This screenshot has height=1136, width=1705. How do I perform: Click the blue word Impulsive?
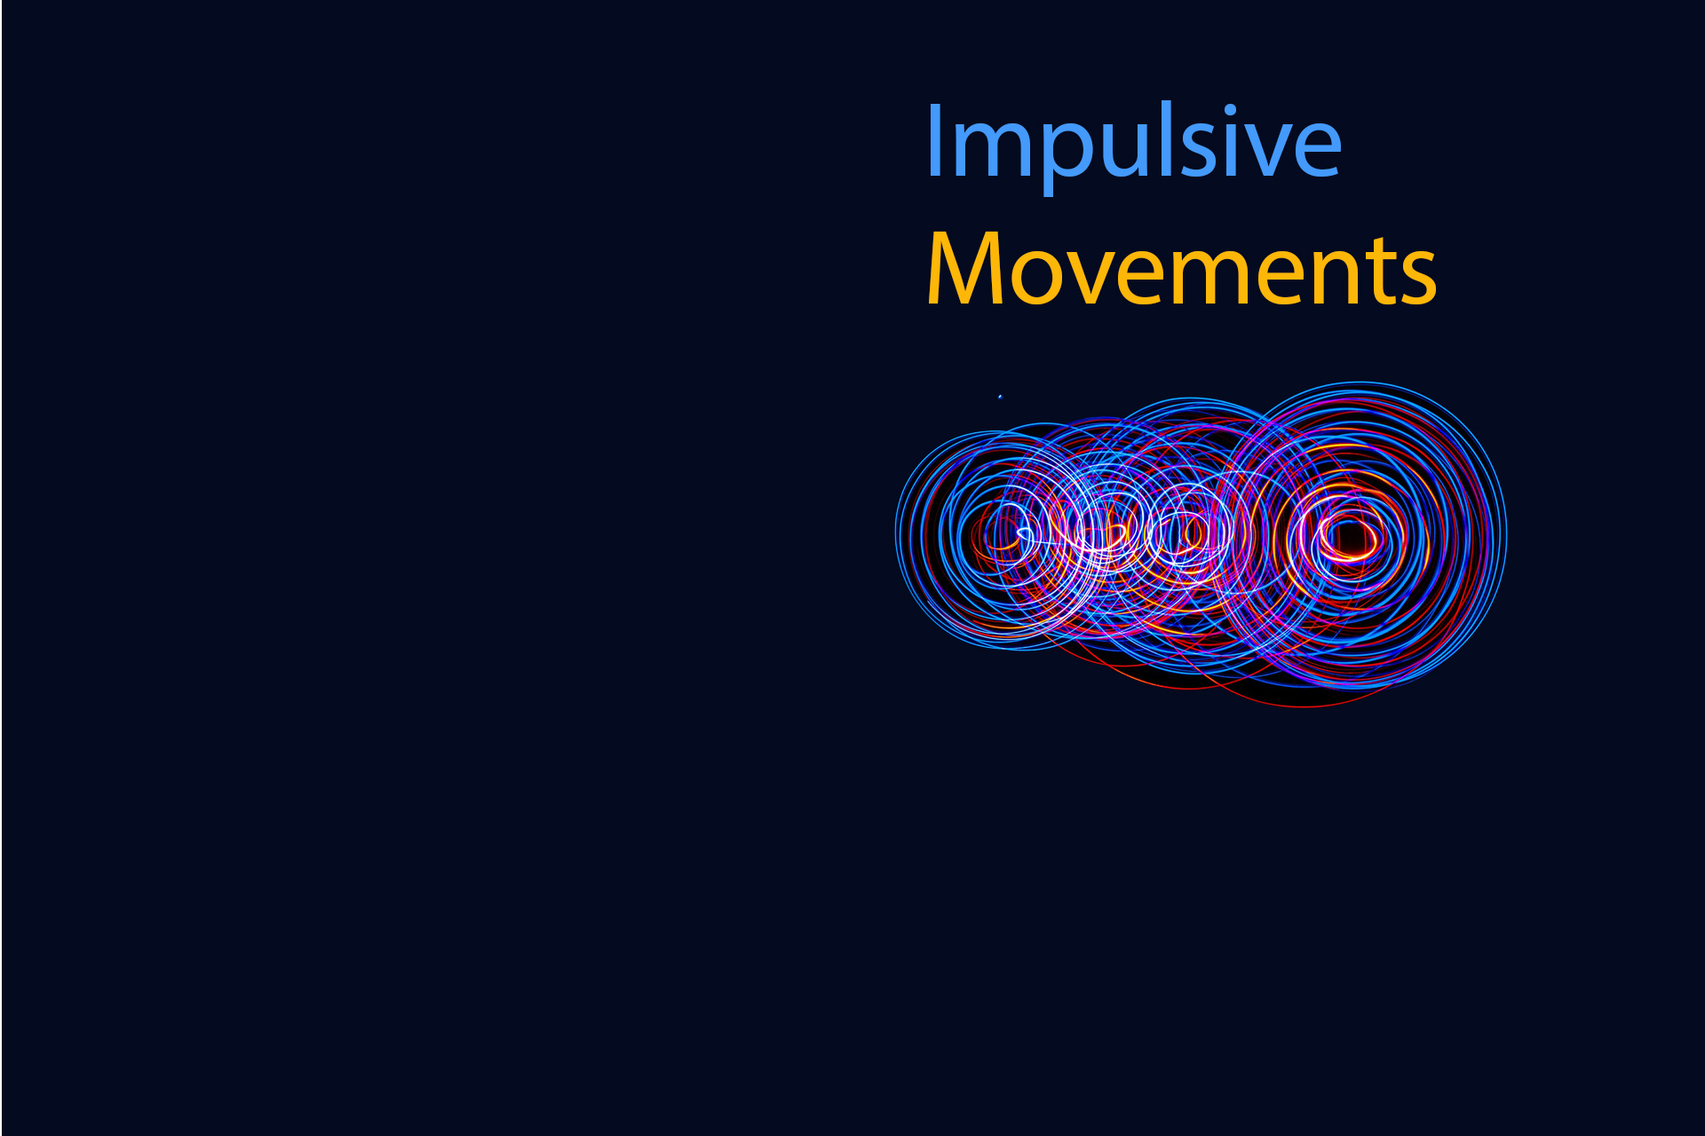(1132, 142)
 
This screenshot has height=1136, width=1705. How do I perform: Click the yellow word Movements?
(1181, 271)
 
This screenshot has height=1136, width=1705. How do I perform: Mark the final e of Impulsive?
(1317, 149)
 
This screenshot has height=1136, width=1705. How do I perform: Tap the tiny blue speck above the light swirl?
(1000, 397)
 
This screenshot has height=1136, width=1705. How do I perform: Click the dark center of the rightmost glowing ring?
(1347, 538)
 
